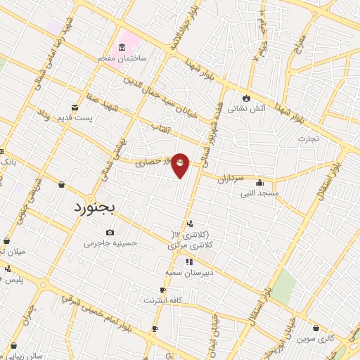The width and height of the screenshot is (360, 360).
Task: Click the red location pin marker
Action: pyautogui.click(x=181, y=165)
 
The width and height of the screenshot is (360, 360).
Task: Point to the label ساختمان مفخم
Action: pyautogui.click(x=122, y=58)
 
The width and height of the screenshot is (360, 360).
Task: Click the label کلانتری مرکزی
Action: pyautogui.click(x=190, y=246)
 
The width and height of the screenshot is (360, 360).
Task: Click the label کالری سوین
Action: pyautogui.click(x=315, y=339)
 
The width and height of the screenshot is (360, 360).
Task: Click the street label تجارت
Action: pyautogui.click(x=307, y=138)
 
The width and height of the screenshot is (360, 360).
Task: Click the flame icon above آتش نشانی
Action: pyautogui.click(x=246, y=98)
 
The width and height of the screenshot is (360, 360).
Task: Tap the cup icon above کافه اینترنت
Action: pyautogui.click(x=163, y=290)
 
